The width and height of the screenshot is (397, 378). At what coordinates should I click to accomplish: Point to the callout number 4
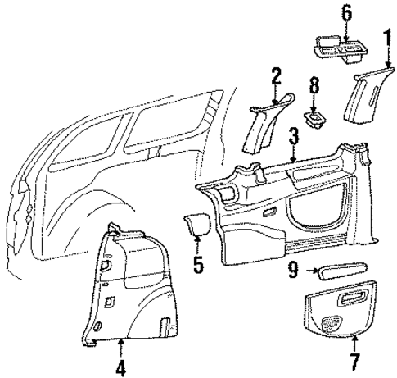click(x=120, y=367)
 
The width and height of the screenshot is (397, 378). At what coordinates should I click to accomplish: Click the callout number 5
click(x=196, y=265)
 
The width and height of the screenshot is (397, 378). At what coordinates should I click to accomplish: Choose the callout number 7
click(x=355, y=362)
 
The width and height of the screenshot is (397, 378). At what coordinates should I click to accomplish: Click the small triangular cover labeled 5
click(x=196, y=224)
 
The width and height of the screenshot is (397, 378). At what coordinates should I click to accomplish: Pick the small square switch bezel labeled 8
click(x=313, y=121)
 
